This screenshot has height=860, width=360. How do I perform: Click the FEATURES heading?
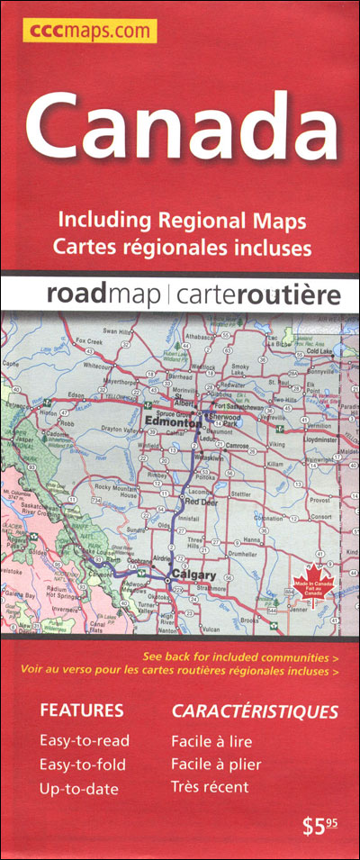coord(81,711)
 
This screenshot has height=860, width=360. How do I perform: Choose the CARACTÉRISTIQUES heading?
coord(255,711)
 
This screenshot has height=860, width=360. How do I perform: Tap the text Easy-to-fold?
coord(83,765)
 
